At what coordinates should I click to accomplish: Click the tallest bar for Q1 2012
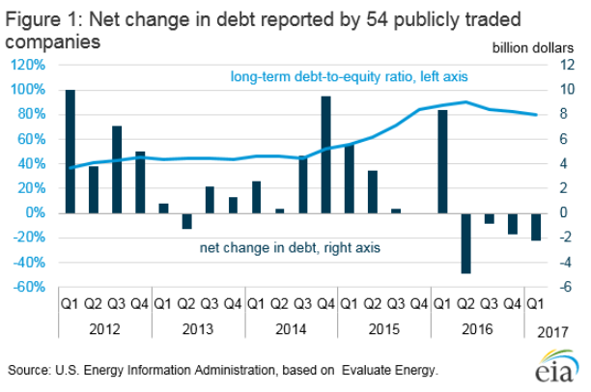pyautogui.click(x=70, y=151)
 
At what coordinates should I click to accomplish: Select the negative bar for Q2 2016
pyautogui.click(x=465, y=242)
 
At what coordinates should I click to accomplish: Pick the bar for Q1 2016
pyautogui.click(x=442, y=161)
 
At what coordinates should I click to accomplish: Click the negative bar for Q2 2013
pyautogui.click(x=186, y=220)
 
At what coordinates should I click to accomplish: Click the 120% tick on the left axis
pyautogui.click(x=28, y=65)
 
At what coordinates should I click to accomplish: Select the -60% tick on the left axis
pyautogui.click(x=29, y=287)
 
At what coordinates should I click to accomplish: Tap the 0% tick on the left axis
pyautogui.click(x=36, y=212)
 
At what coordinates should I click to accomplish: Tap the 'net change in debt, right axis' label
pyautogui.click(x=290, y=248)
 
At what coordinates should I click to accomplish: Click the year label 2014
pyautogui.click(x=291, y=328)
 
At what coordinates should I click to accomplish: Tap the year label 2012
pyautogui.click(x=104, y=328)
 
